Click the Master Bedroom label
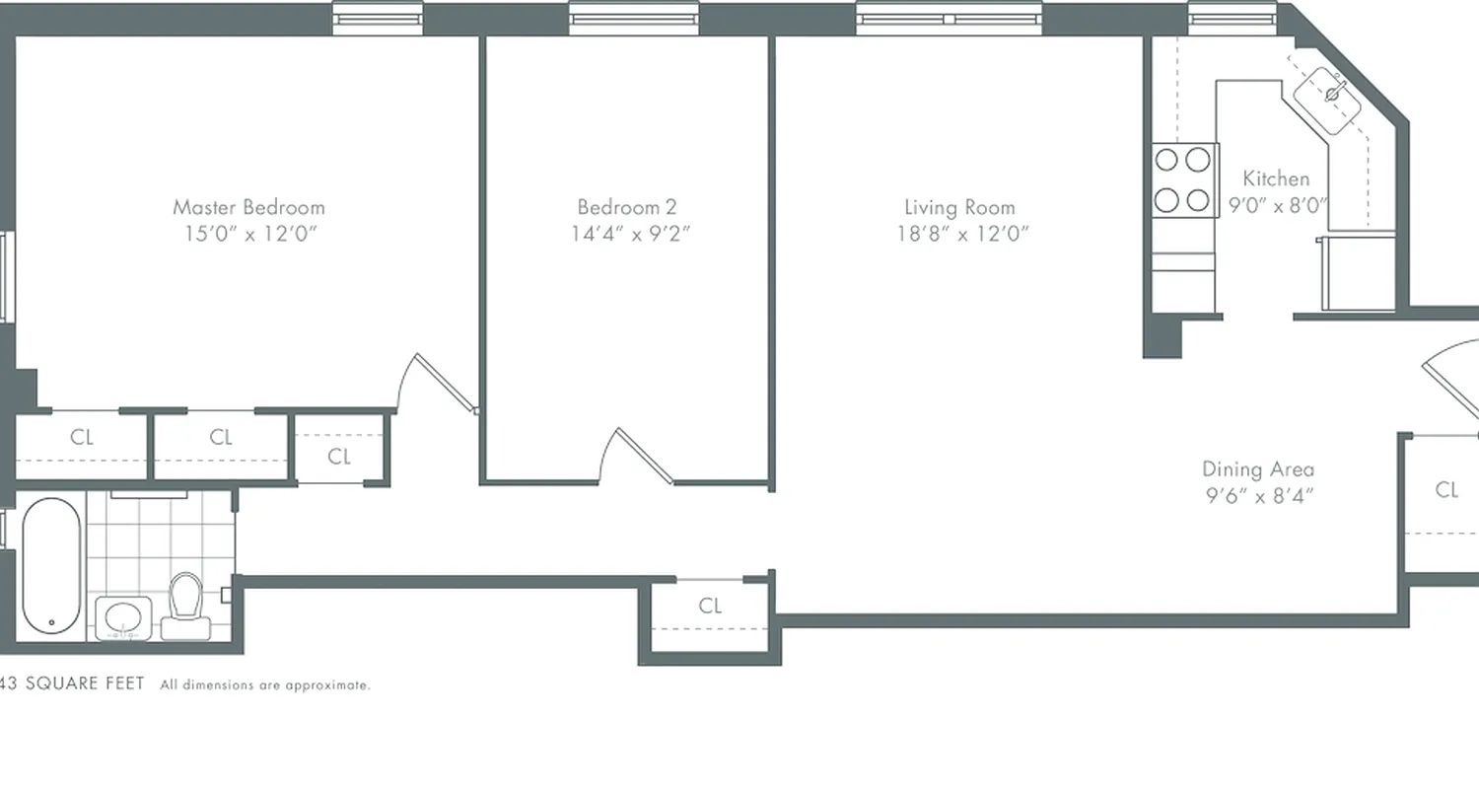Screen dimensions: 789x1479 [248, 207]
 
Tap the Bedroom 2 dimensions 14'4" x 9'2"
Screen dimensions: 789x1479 [627, 234]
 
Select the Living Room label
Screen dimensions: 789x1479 [959, 207]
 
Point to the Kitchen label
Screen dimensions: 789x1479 [1276, 179]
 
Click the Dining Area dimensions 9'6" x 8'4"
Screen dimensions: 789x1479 [1258, 496]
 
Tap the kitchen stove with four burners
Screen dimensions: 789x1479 [1183, 179]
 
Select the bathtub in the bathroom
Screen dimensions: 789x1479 [51, 565]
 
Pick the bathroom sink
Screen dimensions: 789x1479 [123, 618]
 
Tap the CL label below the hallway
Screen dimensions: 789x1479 [710, 606]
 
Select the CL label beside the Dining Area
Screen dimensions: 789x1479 [1446, 489]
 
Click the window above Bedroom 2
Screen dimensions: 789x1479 [633, 18]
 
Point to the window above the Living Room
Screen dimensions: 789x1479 [949, 18]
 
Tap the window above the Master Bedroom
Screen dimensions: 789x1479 [378, 18]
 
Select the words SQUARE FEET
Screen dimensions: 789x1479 [85, 683]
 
